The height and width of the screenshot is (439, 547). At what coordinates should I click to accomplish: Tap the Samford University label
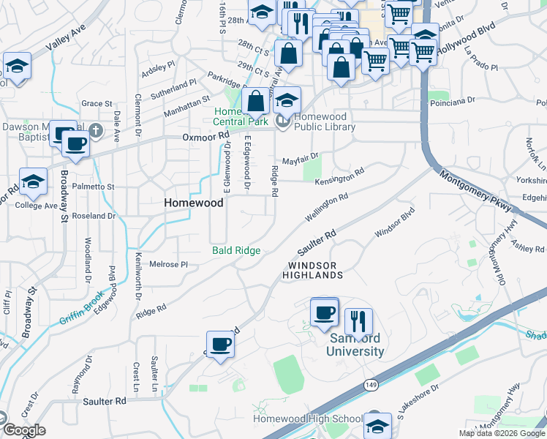[x=356, y=345]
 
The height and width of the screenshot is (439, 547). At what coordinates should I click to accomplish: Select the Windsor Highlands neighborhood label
[x=314, y=270]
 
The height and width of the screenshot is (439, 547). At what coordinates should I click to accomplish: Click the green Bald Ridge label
[x=236, y=250]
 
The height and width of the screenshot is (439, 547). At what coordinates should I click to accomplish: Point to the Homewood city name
[x=194, y=203]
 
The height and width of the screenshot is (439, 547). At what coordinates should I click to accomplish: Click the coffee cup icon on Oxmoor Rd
[x=75, y=144]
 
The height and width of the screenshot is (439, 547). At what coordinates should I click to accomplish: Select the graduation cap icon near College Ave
[x=33, y=181]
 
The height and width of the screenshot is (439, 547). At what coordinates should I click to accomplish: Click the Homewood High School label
[x=307, y=419]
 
